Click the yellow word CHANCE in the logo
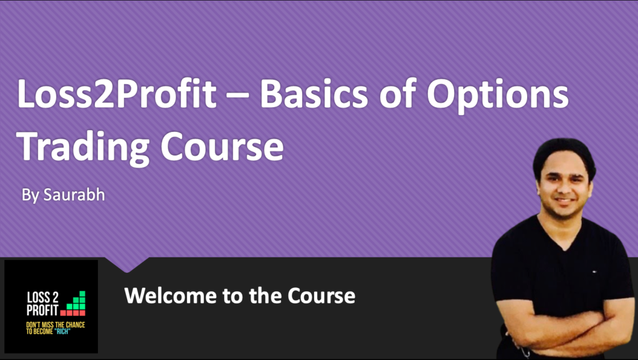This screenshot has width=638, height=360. (74, 324)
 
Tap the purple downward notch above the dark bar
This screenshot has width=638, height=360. (128, 265)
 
